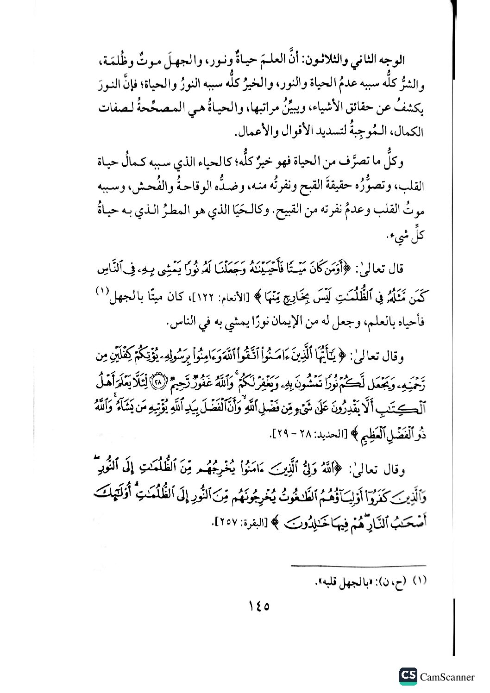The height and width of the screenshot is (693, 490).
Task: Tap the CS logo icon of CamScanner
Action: (x=408, y=676)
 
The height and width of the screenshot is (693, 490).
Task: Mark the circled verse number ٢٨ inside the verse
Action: (x=158, y=382)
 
